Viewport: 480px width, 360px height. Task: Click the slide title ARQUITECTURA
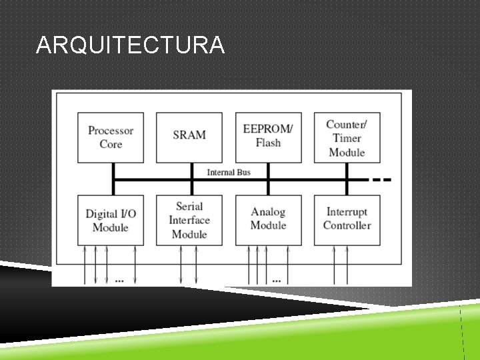(x=131, y=45)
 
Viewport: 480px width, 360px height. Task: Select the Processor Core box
(x=111, y=137)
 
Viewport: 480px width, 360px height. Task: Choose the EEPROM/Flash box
(x=268, y=137)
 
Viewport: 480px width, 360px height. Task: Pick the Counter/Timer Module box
(x=347, y=137)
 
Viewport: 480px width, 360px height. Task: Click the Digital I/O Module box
(x=111, y=220)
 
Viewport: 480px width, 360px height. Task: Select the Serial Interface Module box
(x=189, y=220)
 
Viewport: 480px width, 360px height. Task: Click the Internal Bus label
(x=229, y=173)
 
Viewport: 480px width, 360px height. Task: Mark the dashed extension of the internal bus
(x=381, y=179)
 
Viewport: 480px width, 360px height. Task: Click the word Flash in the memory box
(x=268, y=143)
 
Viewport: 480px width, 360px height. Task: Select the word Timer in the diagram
(x=347, y=138)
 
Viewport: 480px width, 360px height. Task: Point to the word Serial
(x=189, y=207)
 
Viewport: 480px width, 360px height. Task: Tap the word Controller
(x=347, y=225)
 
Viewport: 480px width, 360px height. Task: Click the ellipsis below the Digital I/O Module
(x=119, y=281)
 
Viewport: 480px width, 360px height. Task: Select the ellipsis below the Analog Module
(x=277, y=281)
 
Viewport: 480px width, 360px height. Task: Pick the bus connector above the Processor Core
(x=113, y=171)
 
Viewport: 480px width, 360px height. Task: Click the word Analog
(x=268, y=212)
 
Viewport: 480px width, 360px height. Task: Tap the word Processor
(x=111, y=131)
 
